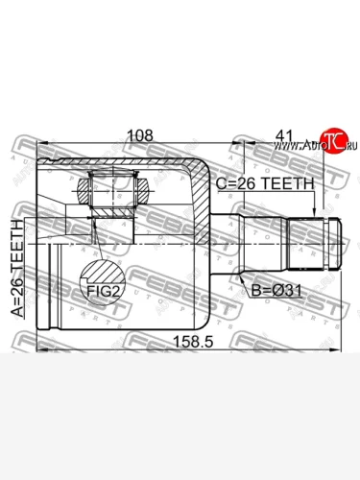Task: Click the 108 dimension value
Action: (140, 135)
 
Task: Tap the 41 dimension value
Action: (284, 136)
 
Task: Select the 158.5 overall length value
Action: (193, 342)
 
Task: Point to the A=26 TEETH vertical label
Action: (17, 269)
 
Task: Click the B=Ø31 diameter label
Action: (276, 291)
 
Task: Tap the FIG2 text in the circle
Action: (103, 291)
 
